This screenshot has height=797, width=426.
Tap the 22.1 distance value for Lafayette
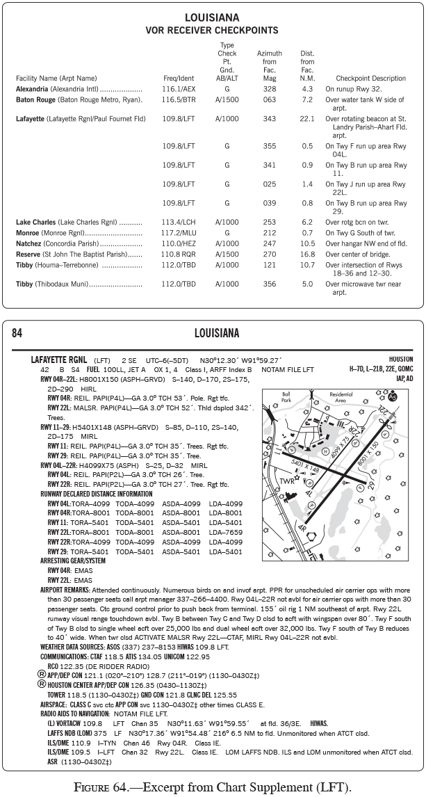[307, 119]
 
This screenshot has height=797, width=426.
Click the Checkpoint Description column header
[370, 79]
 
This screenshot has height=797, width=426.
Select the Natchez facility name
[28, 243]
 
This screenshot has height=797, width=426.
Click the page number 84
[17, 333]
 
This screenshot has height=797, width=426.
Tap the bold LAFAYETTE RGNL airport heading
[60, 360]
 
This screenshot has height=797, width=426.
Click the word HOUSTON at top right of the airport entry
[401, 360]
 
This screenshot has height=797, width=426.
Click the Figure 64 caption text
[213, 786]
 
